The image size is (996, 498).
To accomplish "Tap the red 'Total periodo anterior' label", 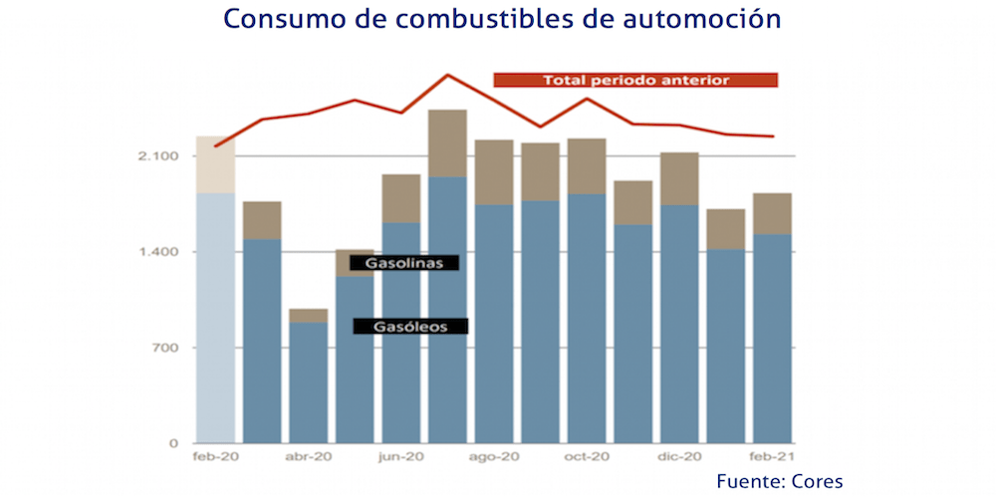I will (635, 80).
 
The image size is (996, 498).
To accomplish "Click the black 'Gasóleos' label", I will (410, 326).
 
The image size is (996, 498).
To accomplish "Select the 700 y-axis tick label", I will (164, 348).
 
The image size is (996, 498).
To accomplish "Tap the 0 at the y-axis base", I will (173, 443).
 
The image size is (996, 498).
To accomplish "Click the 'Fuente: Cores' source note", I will (779, 482).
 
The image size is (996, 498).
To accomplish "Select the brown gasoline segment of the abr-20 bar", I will (309, 315).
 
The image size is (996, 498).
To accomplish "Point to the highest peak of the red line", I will (447, 75).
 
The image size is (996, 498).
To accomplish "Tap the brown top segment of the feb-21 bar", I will (772, 213).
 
